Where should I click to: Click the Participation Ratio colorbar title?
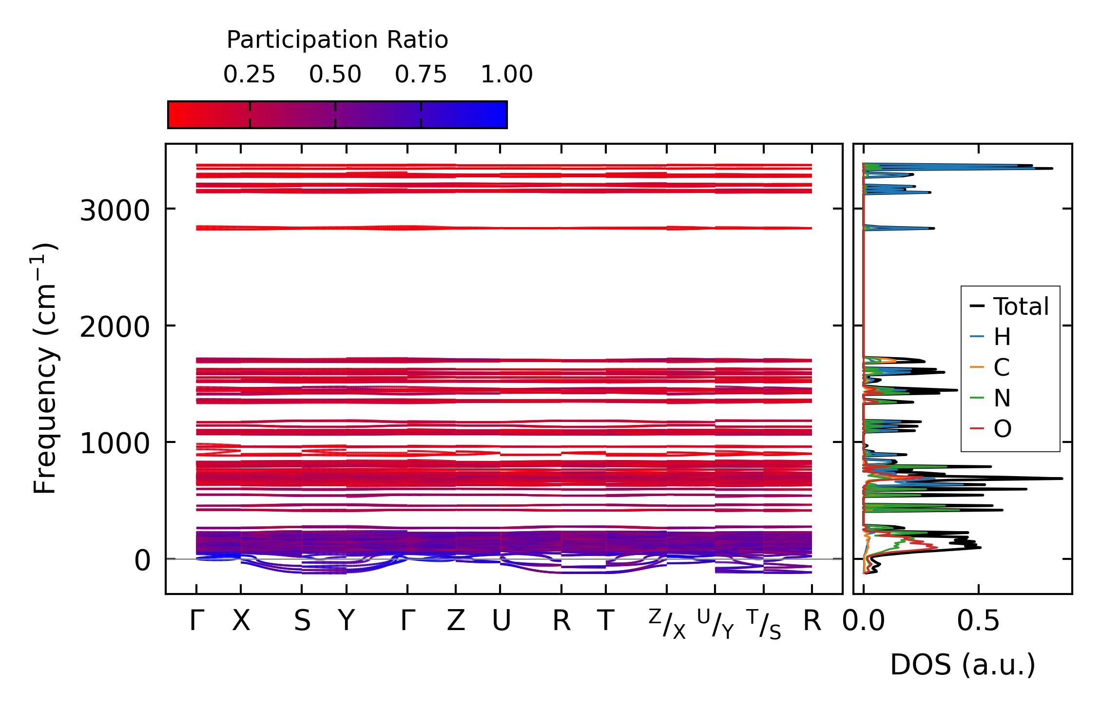tap(337, 40)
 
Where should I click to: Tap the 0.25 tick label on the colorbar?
tap(249, 75)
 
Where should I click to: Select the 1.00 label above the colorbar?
tap(506, 75)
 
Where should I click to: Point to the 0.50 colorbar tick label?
tap(335, 75)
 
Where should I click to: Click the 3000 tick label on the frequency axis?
tap(115, 211)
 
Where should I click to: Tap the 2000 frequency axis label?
tap(115, 327)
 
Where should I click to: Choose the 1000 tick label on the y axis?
tap(115, 443)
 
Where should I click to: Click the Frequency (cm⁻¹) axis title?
tap(45, 368)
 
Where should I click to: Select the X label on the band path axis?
tap(241, 621)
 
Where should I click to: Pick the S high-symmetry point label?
tap(302, 621)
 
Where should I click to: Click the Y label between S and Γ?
tap(346, 621)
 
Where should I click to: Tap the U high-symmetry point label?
tap(501, 621)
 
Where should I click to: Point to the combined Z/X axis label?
tap(667, 624)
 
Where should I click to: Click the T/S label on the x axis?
tap(763, 624)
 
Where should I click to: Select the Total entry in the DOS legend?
tap(1021, 307)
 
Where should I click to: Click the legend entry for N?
tap(1002, 398)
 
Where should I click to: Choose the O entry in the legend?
tap(1002, 429)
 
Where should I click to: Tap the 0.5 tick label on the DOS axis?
tap(978, 621)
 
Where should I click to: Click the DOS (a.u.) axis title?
tap(962, 665)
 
